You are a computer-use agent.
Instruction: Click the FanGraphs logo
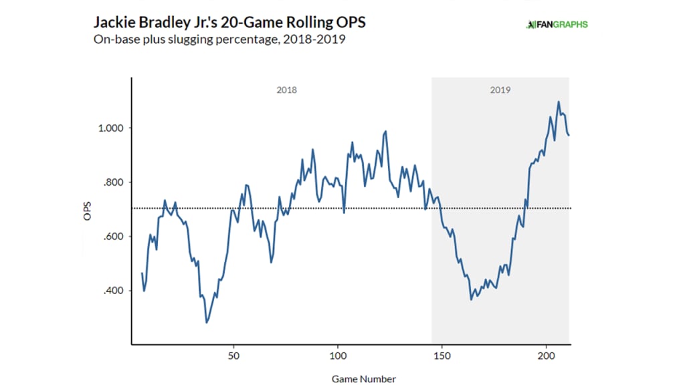[x=557, y=25]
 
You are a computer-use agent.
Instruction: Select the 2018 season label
[x=286, y=90]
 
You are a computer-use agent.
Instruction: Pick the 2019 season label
[x=500, y=90]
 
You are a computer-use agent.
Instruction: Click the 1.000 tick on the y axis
[x=108, y=128]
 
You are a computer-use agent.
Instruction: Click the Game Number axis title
[x=364, y=379]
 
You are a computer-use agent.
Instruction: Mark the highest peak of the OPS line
[x=559, y=102]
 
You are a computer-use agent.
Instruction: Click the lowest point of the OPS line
[x=206, y=323]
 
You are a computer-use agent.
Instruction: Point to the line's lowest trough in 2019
[x=471, y=299]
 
